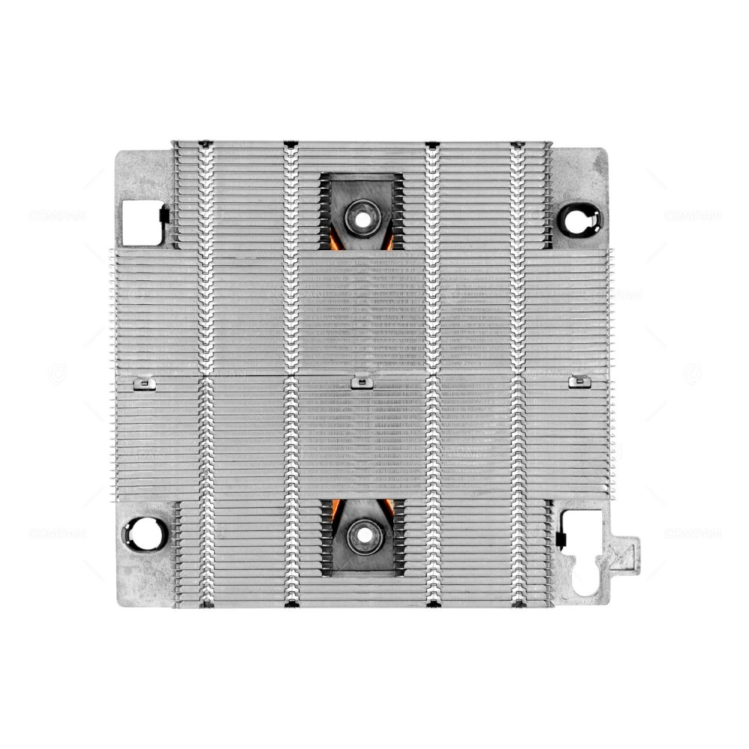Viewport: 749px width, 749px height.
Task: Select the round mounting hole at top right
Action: (x=580, y=219)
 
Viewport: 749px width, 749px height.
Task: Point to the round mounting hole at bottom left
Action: (x=144, y=533)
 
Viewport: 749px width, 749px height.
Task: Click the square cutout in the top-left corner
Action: (x=141, y=222)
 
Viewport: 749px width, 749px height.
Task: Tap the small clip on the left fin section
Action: (x=144, y=383)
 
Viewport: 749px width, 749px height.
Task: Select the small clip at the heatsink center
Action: (x=362, y=382)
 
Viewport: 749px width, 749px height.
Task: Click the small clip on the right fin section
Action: (x=579, y=382)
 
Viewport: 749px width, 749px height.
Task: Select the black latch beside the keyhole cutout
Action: (x=560, y=539)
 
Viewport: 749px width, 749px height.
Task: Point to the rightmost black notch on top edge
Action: (x=518, y=144)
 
